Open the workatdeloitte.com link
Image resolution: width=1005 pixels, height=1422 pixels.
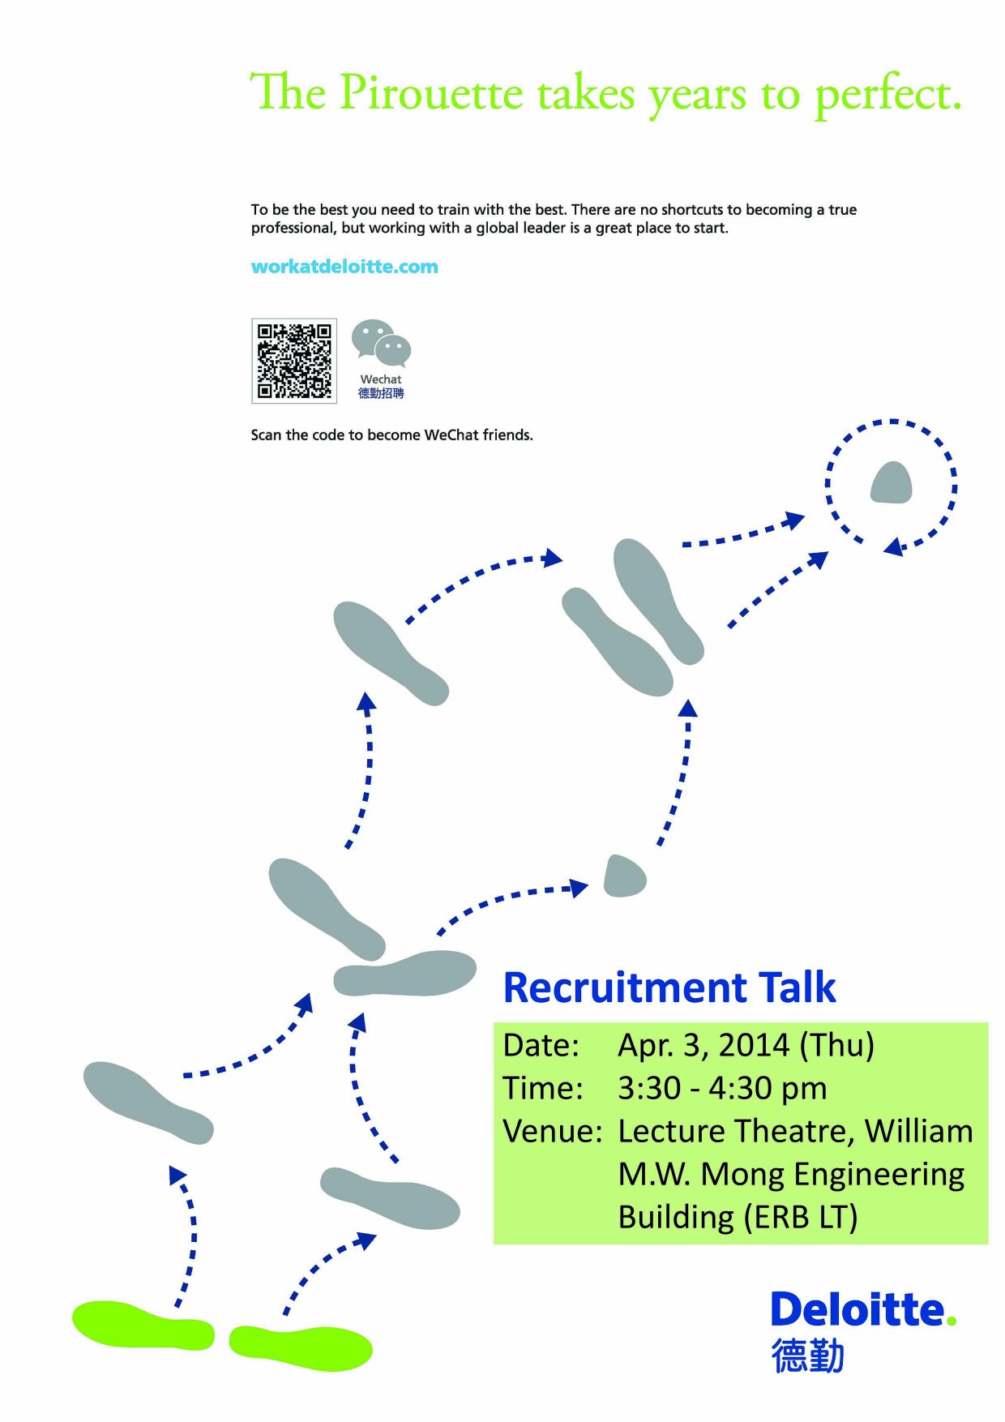344,267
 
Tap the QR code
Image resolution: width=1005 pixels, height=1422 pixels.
294,361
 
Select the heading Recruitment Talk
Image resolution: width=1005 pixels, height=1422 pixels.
669,987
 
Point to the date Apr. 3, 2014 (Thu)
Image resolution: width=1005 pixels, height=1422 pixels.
746,1045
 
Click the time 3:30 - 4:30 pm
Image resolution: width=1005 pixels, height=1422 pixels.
722,1088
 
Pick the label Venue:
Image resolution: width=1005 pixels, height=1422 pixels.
553,1131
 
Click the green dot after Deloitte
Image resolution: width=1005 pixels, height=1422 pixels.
952,1321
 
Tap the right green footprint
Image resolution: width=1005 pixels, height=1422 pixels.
301,1348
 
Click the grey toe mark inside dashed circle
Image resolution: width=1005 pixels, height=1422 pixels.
891,483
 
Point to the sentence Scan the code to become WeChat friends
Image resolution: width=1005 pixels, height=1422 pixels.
391,435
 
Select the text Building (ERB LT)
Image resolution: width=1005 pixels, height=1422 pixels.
738,1217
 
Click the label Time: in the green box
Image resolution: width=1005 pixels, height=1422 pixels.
543,1088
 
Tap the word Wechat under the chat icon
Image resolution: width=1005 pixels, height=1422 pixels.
381,379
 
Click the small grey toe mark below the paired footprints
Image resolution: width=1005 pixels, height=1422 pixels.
625,876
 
